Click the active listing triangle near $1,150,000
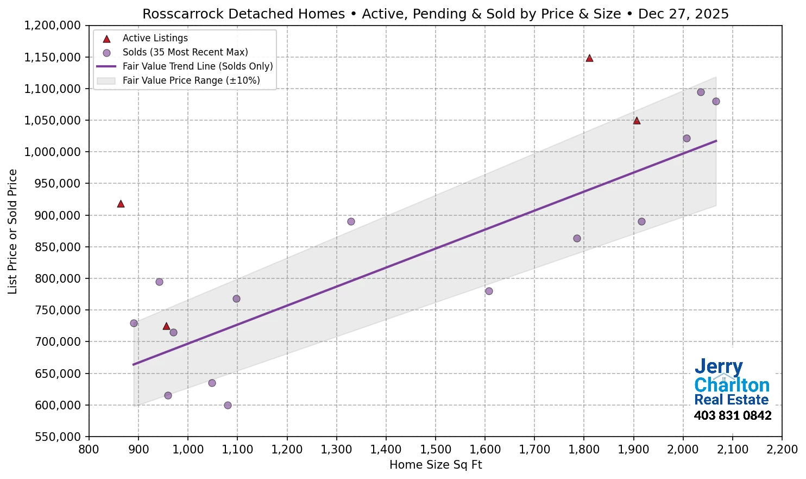589,58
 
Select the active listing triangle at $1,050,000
637,121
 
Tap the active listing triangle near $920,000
121,204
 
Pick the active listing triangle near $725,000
166,326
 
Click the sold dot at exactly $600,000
228,405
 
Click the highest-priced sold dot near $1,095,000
701,92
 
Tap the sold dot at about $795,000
159,282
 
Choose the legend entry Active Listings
155,38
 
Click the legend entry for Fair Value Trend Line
197,66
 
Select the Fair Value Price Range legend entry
191,80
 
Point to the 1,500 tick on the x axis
436,450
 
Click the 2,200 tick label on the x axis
782,450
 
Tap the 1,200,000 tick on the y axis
53,26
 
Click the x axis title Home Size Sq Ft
436,465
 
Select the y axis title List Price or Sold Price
12,231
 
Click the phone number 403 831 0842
732,416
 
